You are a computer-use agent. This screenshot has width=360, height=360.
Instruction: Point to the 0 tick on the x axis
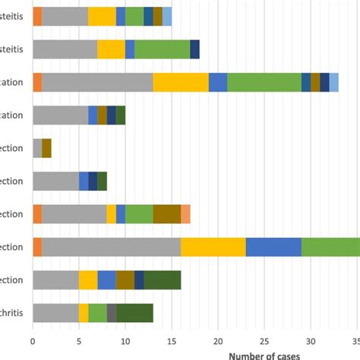(x=33, y=341)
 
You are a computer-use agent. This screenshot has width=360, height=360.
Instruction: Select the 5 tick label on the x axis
(x=79, y=341)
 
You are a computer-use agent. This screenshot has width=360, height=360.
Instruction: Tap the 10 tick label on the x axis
(x=125, y=341)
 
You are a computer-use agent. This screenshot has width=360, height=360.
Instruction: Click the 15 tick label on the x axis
(x=172, y=341)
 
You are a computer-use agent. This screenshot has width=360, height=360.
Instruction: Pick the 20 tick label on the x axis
(x=218, y=341)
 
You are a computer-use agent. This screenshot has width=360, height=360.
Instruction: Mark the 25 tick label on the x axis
(x=264, y=341)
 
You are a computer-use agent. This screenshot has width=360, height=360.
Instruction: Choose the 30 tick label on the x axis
(x=311, y=341)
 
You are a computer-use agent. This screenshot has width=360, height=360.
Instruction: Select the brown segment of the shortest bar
(x=46, y=148)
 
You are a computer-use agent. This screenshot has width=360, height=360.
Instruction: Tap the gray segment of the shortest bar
(x=37, y=148)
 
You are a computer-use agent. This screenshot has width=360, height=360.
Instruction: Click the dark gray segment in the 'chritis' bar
(x=112, y=313)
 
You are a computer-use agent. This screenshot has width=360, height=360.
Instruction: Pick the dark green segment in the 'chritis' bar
(x=134, y=313)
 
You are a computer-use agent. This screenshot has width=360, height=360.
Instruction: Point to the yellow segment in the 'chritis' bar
(x=84, y=313)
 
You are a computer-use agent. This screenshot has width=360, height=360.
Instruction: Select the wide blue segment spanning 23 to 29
(x=273, y=247)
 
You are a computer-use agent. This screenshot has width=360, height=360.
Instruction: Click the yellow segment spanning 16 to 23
(x=213, y=247)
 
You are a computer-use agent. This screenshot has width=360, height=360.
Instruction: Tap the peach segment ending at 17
(x=185, y=214)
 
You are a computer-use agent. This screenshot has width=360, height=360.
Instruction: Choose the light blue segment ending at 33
(x=334, y=82)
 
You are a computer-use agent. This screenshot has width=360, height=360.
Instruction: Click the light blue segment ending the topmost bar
(x=167, y=17)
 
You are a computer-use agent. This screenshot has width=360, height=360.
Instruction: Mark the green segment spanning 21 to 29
(x=264, y=82)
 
